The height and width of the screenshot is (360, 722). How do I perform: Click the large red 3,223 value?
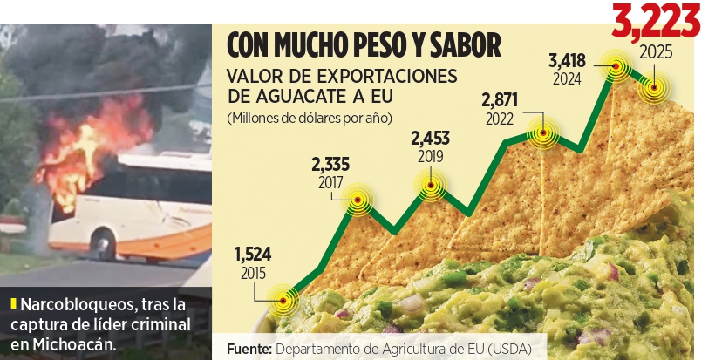(656, 21)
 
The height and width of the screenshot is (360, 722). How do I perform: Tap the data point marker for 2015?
(283, 301)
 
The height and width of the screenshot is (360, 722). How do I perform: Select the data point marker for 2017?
(358, 200)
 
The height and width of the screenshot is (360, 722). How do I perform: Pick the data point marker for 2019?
(431, 186)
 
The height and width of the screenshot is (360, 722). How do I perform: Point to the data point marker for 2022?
(543, 133)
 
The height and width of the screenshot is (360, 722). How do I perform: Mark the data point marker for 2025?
(654, 87)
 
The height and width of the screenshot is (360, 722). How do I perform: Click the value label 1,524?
(253, 255)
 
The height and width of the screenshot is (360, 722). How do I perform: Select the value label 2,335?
(330, 165)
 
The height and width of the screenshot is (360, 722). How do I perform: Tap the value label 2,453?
(431, 139)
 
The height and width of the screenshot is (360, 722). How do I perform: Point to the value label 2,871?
(500, 100)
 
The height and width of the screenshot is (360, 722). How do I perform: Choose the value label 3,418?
(567, 60)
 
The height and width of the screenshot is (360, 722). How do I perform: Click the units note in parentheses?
(310, 119)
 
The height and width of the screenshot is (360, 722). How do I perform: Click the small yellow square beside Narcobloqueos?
(13, 304)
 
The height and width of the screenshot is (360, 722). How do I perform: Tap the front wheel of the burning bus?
(103, 243)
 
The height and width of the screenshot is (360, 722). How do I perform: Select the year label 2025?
(656, 53)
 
